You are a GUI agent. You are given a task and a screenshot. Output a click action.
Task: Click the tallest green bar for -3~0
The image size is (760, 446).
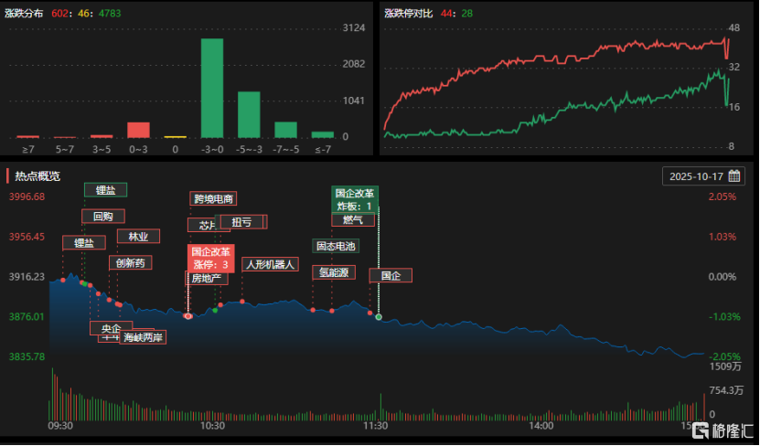point(212,88)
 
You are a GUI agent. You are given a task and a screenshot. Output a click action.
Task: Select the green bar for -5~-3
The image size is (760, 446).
point(249,114)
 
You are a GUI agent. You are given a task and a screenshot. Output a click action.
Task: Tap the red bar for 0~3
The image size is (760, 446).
point(138,129)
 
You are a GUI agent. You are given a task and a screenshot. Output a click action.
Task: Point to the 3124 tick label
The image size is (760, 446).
point(353,28)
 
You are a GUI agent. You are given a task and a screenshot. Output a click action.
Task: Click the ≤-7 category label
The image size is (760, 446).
point(323,148)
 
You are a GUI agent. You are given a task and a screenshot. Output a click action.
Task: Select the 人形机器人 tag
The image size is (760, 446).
point(270,264)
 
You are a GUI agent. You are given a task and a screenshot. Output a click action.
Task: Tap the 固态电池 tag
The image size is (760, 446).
point(336,246)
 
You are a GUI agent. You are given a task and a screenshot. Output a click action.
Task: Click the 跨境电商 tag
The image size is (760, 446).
point(213,198)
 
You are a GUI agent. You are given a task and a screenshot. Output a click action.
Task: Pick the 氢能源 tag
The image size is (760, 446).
point(333,271)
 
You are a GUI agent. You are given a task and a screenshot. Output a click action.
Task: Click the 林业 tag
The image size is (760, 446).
point(138,236)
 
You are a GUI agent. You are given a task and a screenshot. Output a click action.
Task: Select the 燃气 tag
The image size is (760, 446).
point(353,219)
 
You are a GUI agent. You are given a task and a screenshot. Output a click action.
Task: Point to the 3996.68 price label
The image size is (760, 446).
point(27,196)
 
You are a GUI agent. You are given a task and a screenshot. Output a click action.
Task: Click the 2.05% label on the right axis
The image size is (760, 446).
point(722,196)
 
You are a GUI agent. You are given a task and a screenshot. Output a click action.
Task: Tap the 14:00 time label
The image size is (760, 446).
point(541,425)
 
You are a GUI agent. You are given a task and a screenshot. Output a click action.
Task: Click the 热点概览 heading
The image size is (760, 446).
point(37,175)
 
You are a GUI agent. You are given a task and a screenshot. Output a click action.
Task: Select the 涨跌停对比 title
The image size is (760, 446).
point(407,14)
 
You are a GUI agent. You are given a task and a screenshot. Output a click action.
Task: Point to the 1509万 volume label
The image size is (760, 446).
point(725,366)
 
